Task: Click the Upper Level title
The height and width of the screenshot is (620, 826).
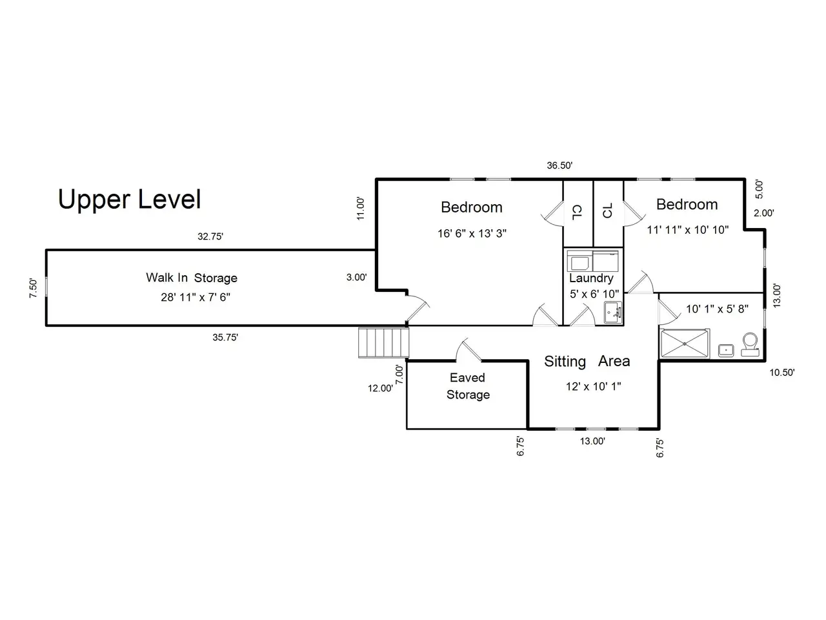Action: [130, 200]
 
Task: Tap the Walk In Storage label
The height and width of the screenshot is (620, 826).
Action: [192, 278]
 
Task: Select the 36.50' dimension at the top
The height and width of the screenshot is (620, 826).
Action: [559, 165]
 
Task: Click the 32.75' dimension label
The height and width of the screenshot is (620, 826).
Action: [210, 236]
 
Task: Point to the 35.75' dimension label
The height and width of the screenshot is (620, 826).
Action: [225, 337]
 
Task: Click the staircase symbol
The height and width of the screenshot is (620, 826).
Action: [383, 342]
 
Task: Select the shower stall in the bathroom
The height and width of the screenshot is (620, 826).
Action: [685, 344]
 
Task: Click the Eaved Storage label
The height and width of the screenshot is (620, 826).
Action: [468, 386]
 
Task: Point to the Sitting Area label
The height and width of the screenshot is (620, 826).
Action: [587, 362]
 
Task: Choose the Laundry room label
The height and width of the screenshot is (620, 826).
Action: [591, 278]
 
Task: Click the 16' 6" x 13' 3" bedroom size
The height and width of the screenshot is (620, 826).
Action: [472, 233]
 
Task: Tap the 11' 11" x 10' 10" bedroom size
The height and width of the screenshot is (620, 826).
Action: [687, 230]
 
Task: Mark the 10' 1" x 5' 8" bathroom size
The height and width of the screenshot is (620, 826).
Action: [717, 309]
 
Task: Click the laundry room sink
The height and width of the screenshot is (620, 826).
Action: [612, 312]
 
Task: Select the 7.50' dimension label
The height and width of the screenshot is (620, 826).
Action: [34, 288]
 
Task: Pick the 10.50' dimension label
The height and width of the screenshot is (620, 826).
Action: [782, 372]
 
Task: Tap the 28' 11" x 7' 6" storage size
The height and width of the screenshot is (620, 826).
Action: [196, 297]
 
